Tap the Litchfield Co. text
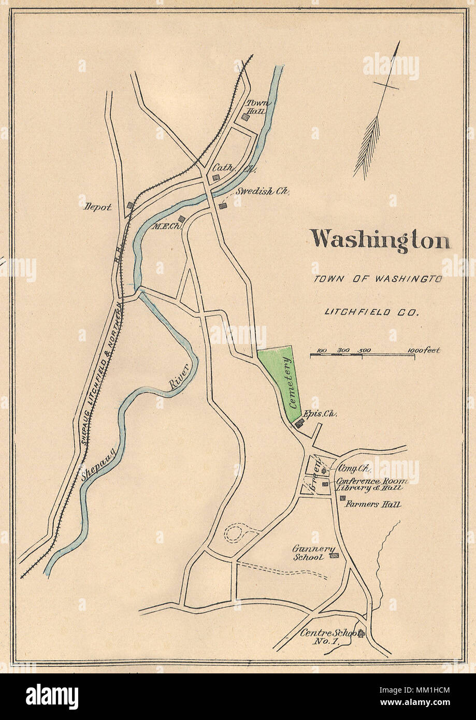tap(371, 312)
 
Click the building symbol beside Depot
tap(130, 205)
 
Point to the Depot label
tap(98, 207)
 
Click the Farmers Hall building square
tap(342, 498)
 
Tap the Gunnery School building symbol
tap(335, 556)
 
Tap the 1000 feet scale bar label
tap(424, 350)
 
